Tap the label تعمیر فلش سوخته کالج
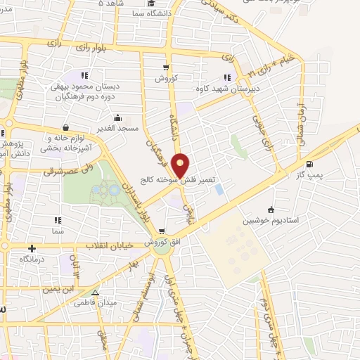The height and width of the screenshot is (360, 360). click(180, 180)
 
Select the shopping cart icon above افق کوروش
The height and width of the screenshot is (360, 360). click(162, 231)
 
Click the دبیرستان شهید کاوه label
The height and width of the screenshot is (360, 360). click(227, 89)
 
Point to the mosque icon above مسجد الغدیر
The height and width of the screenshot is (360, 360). click(117, 117)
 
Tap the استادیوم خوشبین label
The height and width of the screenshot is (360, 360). click(268, 220)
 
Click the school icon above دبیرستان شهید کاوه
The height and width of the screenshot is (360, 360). click(227, 77)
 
